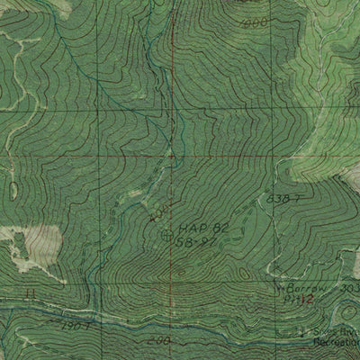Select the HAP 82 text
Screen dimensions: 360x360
(197, 229)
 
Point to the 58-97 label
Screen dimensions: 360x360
(196, 243)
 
